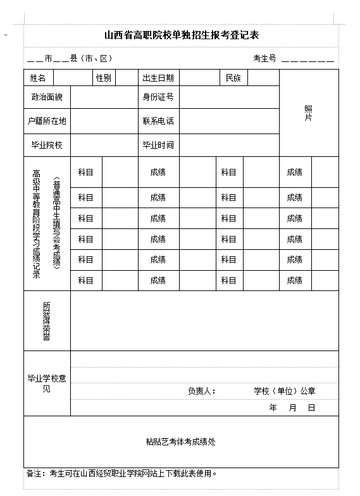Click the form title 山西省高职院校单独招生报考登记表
point(182,35)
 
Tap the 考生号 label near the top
point(264,58)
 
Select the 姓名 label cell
point(38,78)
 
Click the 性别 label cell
point(104,78)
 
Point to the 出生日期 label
point(158,78)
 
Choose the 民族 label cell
point(233,78)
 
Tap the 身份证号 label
point(158,97)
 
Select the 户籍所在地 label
point(47,121)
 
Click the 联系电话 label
point(158,121)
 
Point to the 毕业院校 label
point(47,145)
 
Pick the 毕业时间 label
point(158,145)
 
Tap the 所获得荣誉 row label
point(46,321)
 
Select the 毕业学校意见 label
point(46,383)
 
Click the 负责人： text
point(202,391)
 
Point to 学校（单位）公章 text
point(285,391)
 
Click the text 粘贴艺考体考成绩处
point(181,442)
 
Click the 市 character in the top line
point(48,58)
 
